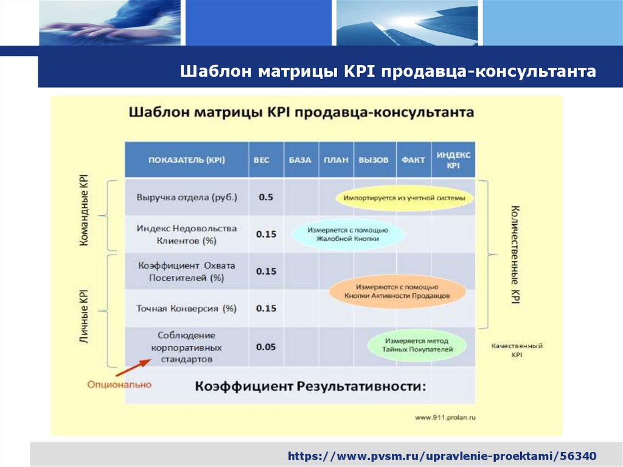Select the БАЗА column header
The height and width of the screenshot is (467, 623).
click(x=301, y=160)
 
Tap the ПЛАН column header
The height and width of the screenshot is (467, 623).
click(x=336, y=160)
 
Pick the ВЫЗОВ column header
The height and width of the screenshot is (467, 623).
click(x=374, y=160)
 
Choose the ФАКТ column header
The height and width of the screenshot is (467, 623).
click(x=413, y=160)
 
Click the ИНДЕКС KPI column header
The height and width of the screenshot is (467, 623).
click(x=453, y=160)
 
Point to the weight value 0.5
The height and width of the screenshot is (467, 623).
click(x=266, y=197)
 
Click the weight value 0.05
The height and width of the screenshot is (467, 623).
click(x=266, y=347)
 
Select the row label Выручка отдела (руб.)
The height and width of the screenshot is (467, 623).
click(x=187, y=197)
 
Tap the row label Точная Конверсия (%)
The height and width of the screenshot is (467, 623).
click(x=187, y=309)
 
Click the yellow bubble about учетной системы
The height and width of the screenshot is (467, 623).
click(x=404, y=198)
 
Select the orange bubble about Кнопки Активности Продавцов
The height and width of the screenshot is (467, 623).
click(x=397, y=290)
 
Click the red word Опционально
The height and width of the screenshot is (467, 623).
click(x=119, y=385)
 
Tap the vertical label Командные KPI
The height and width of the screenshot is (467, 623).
click(x=84, y=210)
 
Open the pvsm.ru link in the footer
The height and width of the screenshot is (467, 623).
click(x=442, y=455)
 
